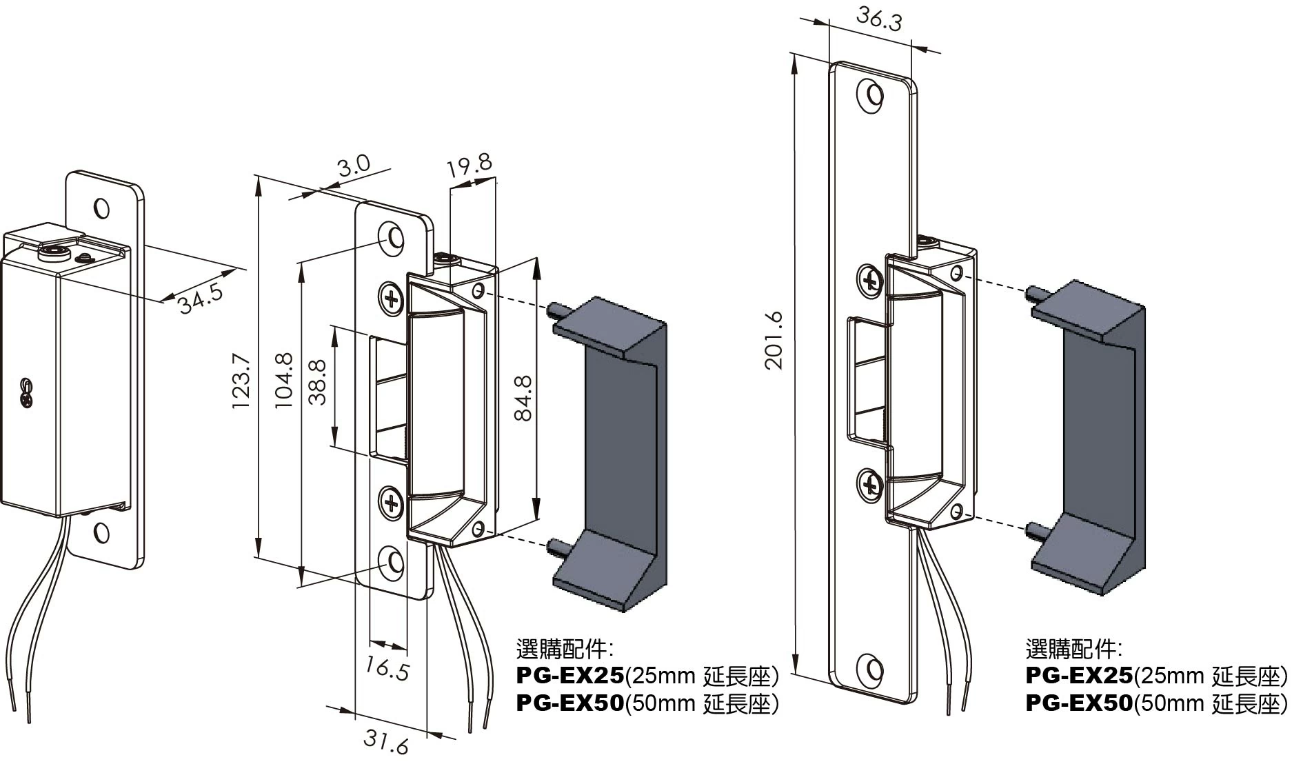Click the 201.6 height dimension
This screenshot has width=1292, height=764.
[x=776, y=340]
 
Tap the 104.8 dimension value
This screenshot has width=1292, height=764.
[x=285, y=380]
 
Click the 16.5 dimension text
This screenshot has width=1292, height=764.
[x=387, y=669]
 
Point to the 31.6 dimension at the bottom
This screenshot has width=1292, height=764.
[x=386, y=742]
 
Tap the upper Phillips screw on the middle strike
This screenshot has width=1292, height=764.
[x=392, y=299]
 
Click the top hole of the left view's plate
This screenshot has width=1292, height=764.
[x=101, y=208]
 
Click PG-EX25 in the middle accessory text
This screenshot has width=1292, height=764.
[x=569, y=674]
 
